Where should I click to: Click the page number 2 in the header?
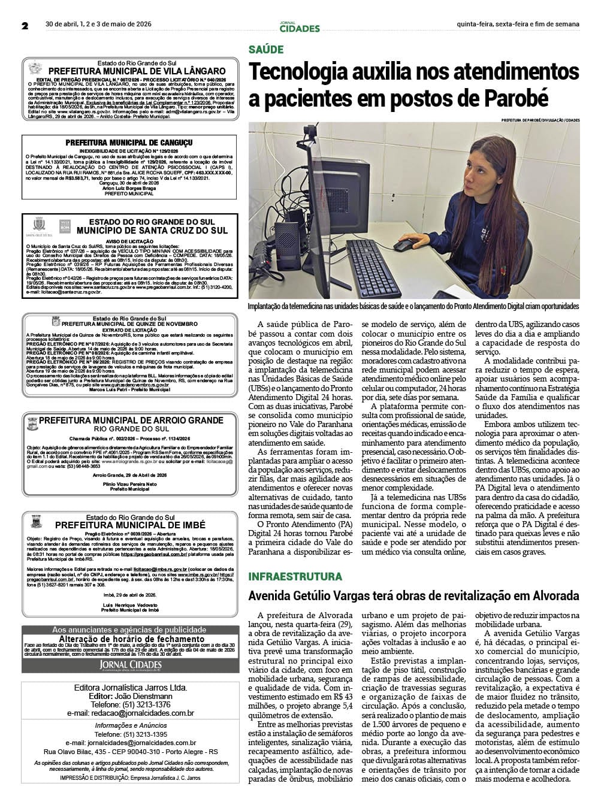[25, 25]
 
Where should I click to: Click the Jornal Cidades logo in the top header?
[300, 26]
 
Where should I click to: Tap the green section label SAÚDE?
[266, 50]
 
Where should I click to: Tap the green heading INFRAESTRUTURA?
[295, 576]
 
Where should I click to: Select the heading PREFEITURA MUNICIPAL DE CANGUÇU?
[129, 143]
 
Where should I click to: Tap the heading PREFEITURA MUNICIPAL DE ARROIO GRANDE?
[131, 420]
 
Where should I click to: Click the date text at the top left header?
[99, 25]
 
